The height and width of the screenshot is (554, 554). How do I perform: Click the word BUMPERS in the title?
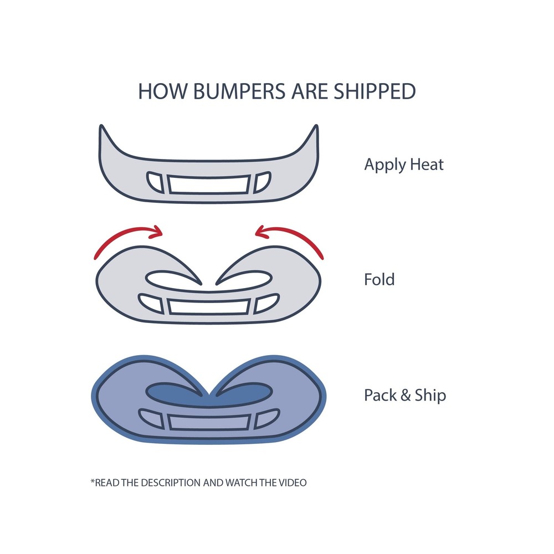(239, 91)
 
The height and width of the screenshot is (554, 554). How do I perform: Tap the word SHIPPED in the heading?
(375, 91)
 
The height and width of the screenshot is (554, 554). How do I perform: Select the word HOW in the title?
(162, 91)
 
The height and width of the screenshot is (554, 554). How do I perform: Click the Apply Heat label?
(404, 165)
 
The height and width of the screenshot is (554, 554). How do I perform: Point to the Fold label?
(379, 279)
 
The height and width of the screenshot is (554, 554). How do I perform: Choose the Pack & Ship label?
(405, 395)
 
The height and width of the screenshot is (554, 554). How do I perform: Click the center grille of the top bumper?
(209, 184)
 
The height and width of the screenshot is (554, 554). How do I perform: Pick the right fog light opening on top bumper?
(262, 182)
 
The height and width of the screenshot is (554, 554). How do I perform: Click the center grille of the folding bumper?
(209, 306)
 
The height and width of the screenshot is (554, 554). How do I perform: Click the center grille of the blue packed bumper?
(209, 422)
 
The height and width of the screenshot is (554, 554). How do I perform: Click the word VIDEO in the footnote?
(293, 483)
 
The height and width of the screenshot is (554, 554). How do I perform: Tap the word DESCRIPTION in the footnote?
(171, 483)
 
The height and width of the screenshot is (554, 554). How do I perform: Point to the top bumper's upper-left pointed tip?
(101, 125)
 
